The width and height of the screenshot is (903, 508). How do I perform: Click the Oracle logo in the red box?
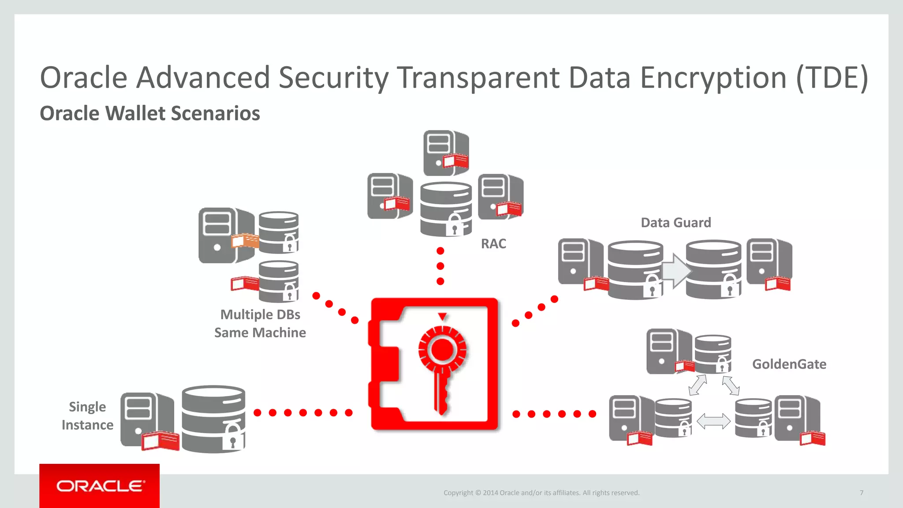coord(100,486)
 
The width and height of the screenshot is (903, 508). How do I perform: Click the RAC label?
coord(493,244)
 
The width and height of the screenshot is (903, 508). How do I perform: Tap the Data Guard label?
coord(675,223)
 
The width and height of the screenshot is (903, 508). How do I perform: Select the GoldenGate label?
coord(789,364)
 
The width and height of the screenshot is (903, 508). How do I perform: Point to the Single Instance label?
coord(87,415)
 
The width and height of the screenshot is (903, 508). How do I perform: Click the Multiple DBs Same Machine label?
coord(260,323)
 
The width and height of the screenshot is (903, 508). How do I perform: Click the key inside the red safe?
coord(442,370)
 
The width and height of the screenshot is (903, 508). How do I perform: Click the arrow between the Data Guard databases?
coord(675,271)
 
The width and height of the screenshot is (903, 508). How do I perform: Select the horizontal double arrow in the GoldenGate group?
coord(713,421)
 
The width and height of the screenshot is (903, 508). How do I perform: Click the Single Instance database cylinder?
coord(213,419)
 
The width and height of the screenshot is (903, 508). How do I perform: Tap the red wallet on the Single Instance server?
coord(160,441)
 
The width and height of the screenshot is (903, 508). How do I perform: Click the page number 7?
coord(861,493)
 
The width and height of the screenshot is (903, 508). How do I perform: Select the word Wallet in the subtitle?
coord(135,113)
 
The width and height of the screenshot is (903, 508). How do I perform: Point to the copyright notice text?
coord(541,493)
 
